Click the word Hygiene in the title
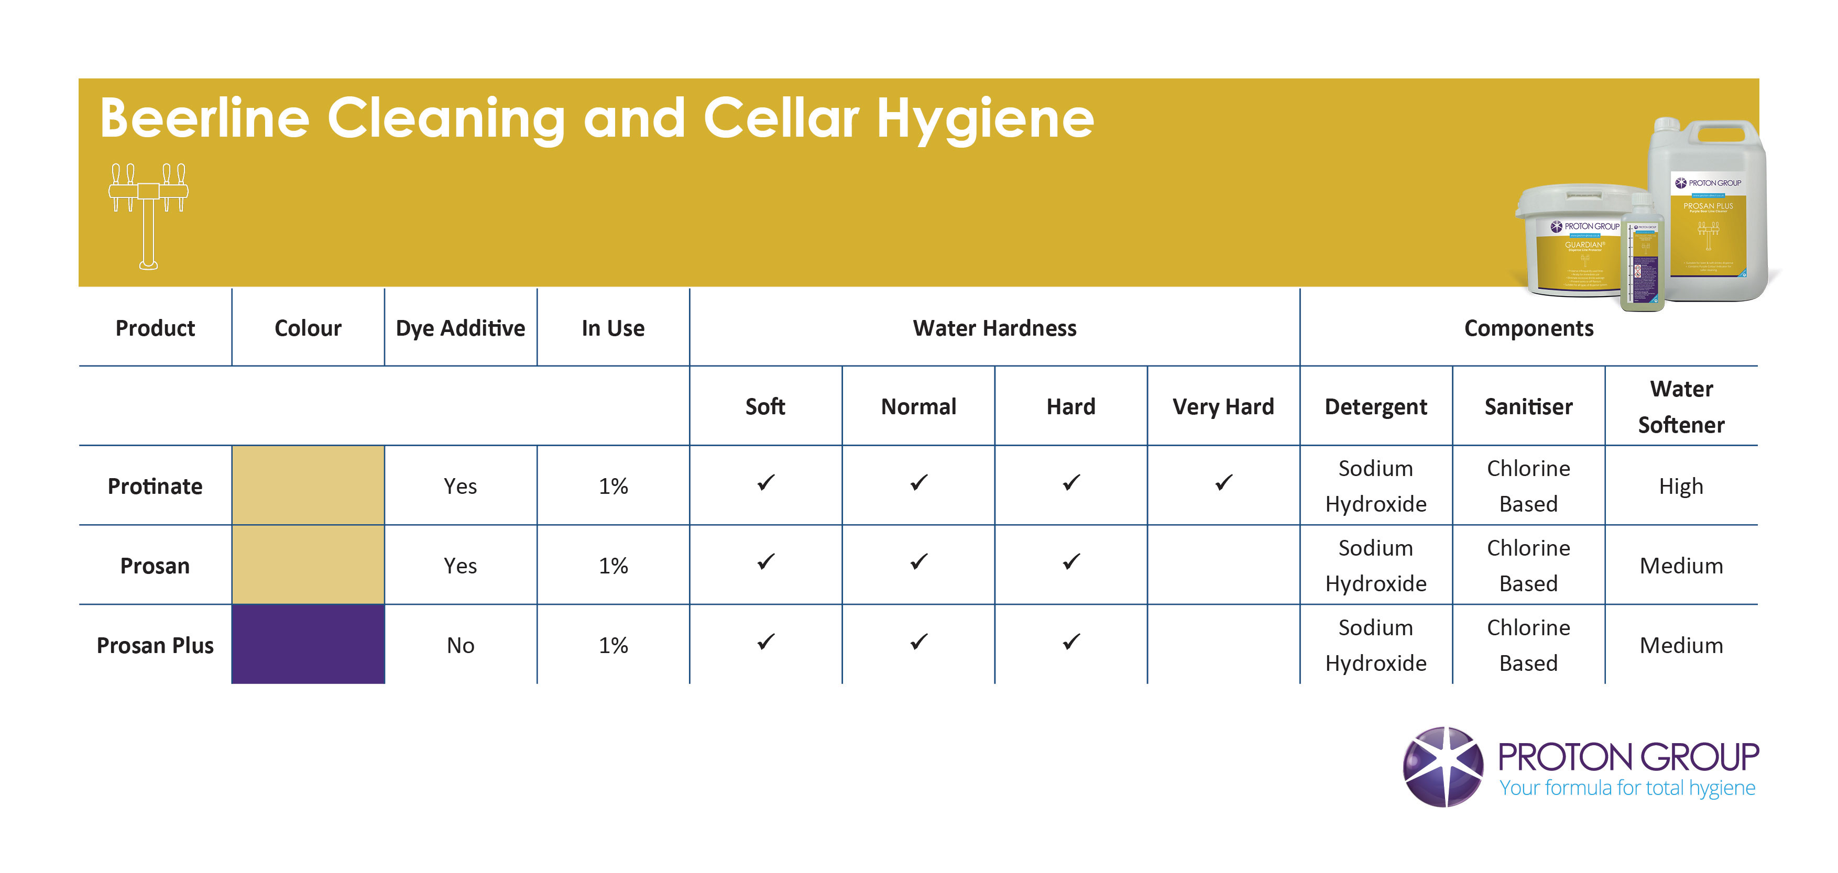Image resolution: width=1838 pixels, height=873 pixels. [x=984, y=118]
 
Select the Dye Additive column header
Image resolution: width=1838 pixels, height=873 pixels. [x=460, y=328]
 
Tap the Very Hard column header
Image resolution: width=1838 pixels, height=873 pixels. [x=1223, y=406]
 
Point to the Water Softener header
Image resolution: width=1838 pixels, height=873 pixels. [x=1681, y=406]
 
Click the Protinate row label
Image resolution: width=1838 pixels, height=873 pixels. [x=155, y=487]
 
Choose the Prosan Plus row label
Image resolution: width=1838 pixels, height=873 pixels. [x=155, y=646]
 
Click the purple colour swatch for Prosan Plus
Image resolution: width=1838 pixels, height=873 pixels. [x=308, y=644]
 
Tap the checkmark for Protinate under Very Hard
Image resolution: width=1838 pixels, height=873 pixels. [x=1223, y=483]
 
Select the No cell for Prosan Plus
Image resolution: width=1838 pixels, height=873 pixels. [x=460, y=646]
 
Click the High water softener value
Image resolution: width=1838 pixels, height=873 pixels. [x=1681, y=487]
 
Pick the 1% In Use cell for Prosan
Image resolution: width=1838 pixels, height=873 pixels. [x=613, y=566]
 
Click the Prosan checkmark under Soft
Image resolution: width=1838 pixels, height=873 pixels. [x=765, y=562]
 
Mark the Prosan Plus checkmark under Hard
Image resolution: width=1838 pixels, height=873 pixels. [x=1071, y=642]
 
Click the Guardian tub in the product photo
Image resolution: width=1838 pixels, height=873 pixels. [x=1570, y=242]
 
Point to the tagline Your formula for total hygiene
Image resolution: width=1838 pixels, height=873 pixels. [x=1627, y=788]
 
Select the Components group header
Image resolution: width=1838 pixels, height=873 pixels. [x=1528, y=328]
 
